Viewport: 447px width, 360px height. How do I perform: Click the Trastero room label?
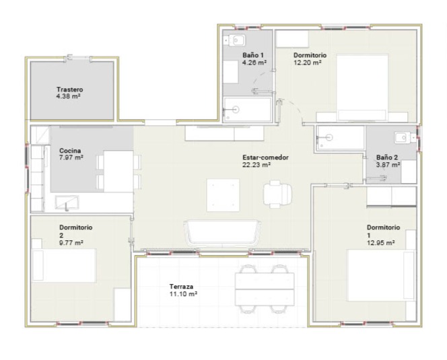pos(69,89)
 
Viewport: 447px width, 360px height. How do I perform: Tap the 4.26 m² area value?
pos(254,63)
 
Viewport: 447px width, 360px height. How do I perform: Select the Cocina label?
pos(70,151)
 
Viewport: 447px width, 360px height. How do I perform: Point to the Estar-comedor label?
pos(265,157)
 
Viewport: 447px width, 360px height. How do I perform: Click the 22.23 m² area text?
pos(256,165)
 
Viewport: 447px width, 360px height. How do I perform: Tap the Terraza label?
pos(181,287)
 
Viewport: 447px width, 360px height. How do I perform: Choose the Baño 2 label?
pos(387,157)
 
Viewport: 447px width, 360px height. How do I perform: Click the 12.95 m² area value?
pos(380,243)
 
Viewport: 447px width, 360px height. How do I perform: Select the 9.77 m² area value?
pos(71,243)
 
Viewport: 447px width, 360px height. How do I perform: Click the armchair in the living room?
pos(277,194)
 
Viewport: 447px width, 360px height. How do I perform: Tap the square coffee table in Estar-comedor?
pos(223,195)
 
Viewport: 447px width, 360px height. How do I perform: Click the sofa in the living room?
pos(222,233)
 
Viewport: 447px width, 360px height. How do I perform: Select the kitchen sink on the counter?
pos(67,202)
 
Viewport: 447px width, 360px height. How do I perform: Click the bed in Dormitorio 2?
pos(64,265)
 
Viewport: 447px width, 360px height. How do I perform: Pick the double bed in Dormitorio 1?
pos(381,275)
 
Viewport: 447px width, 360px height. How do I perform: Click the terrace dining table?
pos(265,289)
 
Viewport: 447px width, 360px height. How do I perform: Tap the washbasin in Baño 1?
pos(237,40)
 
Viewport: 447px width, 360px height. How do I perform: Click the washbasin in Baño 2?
pos(403,138)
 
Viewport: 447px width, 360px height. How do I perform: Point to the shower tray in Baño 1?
pos(247,110)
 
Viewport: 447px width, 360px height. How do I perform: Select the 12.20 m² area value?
pos(308,63)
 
